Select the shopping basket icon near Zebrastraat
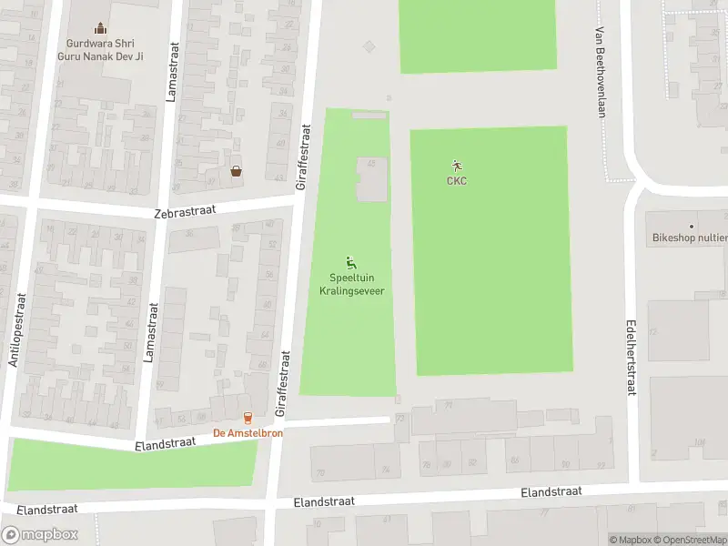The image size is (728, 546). point(237,171)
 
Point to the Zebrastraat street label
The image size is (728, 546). point(185,210)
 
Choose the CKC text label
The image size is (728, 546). point(456,180)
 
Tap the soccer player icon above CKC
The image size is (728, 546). point(456,166)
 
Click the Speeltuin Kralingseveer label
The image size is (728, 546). point(350,284)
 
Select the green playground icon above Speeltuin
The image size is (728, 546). point(350,263)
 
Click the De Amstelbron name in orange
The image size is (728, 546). point(248,433)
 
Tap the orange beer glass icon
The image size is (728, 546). point(248,419)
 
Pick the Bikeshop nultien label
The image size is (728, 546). point(690,238)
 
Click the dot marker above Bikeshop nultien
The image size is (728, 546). point(692,226)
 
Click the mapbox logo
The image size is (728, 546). point(40,535)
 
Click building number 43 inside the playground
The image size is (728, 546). point(371,165)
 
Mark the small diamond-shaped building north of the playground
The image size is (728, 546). point(369,46)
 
